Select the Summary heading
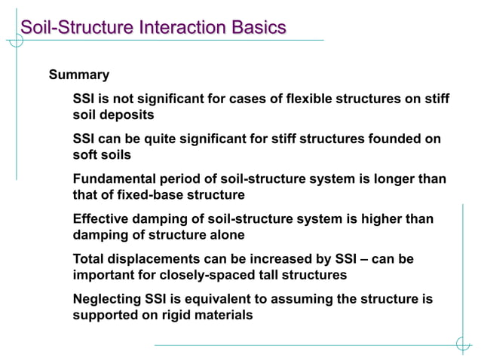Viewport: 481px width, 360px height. point(79,75)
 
